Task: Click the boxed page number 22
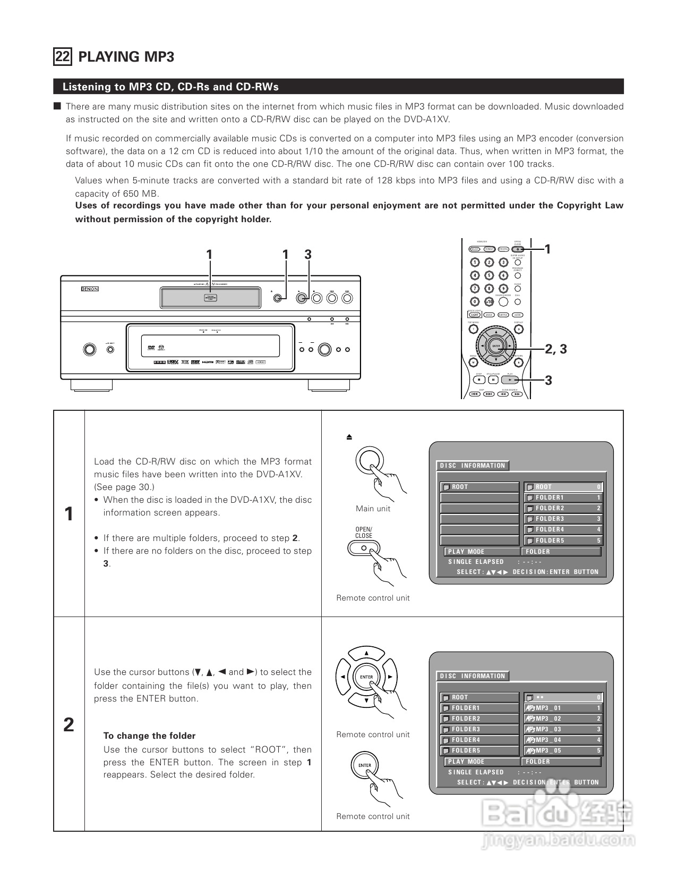[x=62, y=56]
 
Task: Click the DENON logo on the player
[x=90, y=289]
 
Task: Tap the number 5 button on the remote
[x=490, y=275]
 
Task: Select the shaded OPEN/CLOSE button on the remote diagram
[x=518, y=249]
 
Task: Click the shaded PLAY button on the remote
[x=510, y=380]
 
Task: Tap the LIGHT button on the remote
[x=475, y=315]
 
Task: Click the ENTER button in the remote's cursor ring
[x=496, y=346]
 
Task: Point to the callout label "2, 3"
[x=555, y=349]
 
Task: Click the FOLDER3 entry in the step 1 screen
[x=563, y=519]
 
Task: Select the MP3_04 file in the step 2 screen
[x=563, y=740]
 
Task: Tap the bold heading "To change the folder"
[x=149, y=736]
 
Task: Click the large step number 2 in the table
[x=68, y=725]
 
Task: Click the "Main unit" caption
[x=373, y=509]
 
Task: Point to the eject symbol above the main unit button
[x=349, y=437]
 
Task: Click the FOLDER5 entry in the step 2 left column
[x=478, y=750]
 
